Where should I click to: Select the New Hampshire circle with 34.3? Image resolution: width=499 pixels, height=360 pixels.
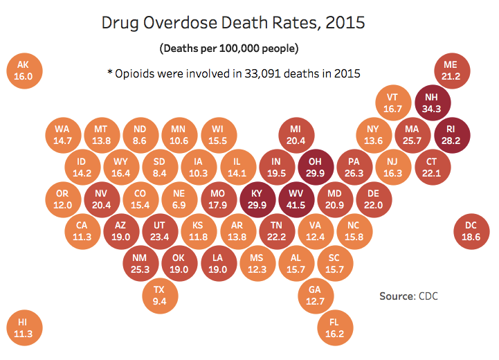(x=431, y=103)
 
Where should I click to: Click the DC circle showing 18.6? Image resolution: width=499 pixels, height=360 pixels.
(x=471, y=231)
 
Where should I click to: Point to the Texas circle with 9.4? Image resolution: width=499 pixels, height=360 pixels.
(x=159, y=295)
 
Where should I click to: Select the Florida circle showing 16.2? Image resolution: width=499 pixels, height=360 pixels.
(x=334, y=327)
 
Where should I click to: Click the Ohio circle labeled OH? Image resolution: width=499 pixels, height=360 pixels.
(x=315, y=167)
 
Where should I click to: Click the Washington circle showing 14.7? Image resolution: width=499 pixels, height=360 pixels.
(x=62, y=134)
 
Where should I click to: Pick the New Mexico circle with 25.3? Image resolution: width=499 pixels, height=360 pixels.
(x=140, y=263)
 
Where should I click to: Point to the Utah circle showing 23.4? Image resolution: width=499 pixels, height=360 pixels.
(x=159, y=231)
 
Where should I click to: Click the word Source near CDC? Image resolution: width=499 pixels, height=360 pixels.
(x=397, y=296)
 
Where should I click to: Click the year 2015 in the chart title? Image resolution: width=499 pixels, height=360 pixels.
(x=342, y=23)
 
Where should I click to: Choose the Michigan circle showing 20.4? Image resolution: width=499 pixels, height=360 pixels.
(x=296, y=134)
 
